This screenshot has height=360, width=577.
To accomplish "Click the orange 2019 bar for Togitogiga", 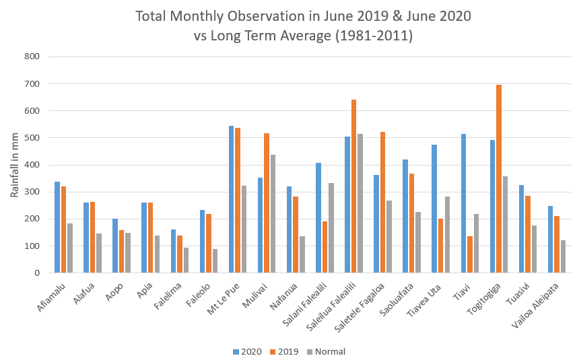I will pyautogui.click(x=499, y=179).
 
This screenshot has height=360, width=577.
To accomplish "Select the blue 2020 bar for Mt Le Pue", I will pyautogui.click(x=232, y=199).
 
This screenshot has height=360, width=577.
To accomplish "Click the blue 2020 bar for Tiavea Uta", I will pyautogui.click(x=434, y=209).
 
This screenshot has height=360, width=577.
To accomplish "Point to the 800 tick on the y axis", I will pyautogui.click(x=33, y=57).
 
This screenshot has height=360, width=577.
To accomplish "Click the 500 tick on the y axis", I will pyautogui.click(x=33, y=138).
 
